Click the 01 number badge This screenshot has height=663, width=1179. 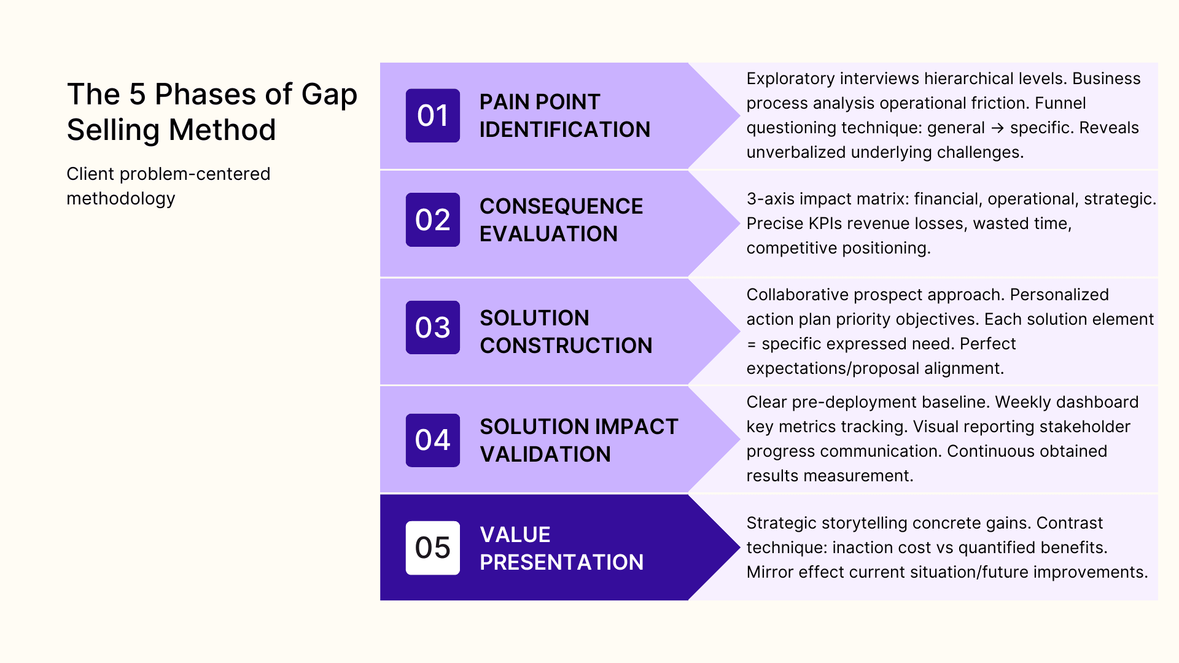coord(432,115)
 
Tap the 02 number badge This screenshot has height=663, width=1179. coord(432,220)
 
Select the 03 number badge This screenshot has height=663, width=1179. coord(432,327)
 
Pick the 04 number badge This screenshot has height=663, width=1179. coord(432,440)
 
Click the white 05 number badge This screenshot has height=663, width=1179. coord(432,548)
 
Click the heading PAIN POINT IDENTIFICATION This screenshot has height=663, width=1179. coord(564,115)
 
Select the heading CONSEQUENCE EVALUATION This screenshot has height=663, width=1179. coord(561,220)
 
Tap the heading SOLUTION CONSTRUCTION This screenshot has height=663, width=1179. coord(565,331)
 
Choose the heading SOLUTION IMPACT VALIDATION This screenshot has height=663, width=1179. coord(578,440)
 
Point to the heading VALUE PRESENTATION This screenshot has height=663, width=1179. coord(561,548)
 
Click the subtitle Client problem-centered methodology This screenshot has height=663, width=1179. coord(168,186)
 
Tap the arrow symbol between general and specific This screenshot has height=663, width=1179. coord(997,128)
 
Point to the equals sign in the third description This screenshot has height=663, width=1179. coord(751,344)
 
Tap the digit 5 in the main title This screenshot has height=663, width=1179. coord(137,95)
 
